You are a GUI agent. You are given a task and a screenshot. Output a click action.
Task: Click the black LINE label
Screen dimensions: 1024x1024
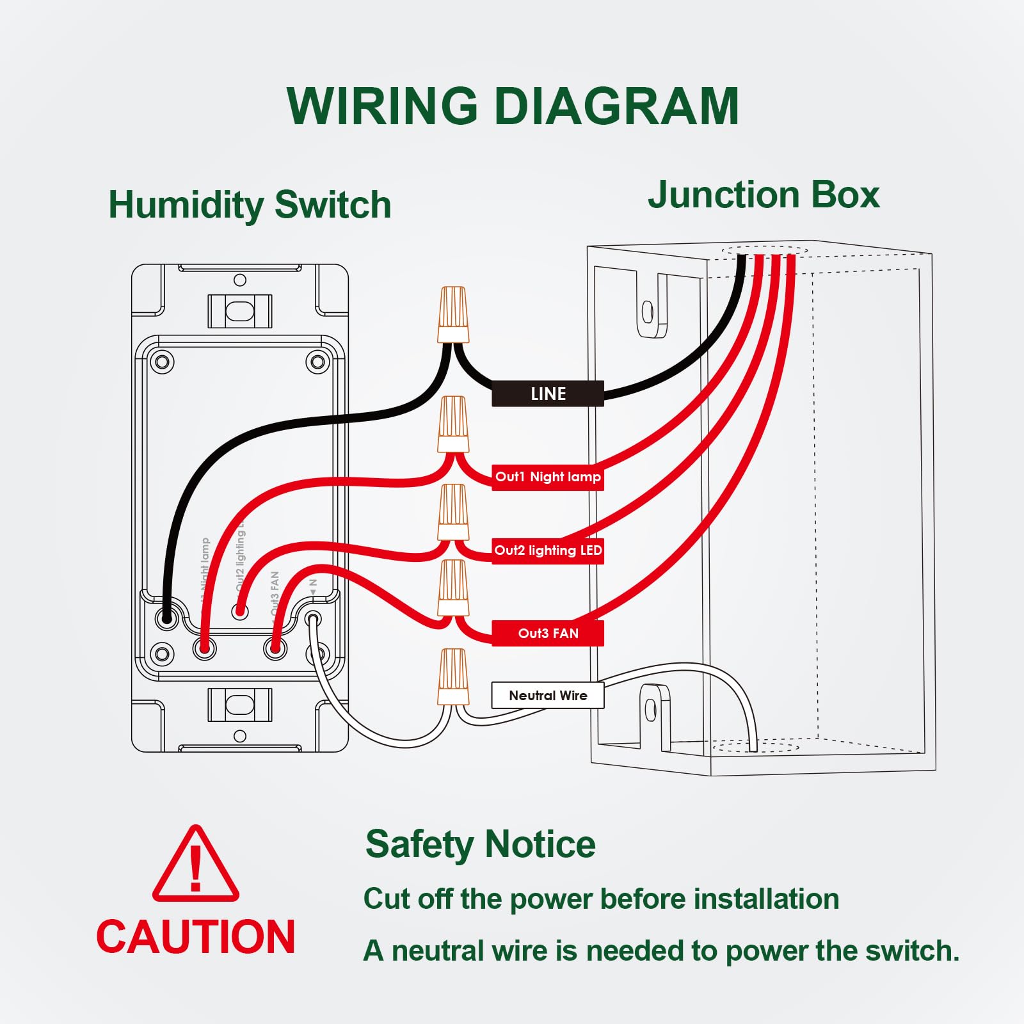point(548,394)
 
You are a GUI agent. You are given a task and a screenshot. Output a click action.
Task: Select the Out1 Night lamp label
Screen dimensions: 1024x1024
point(548,477)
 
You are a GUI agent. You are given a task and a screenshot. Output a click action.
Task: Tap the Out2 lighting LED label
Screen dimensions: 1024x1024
point(548,550)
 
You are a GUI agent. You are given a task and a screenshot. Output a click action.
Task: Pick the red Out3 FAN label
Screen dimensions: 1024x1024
point(548,633)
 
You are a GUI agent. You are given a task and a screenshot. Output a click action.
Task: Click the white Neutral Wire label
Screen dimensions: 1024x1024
point(548,696)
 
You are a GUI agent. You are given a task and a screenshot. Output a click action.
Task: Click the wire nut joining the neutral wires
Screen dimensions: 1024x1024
point(453,677)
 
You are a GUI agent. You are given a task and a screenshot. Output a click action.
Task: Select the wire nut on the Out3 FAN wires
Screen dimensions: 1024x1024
point(453,588)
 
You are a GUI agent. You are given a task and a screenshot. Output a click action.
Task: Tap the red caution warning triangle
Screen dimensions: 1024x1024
point(196,866)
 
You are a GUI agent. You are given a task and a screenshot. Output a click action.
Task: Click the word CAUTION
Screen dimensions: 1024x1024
point(196,937)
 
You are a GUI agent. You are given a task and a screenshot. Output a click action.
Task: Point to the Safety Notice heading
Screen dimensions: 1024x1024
point(480,844)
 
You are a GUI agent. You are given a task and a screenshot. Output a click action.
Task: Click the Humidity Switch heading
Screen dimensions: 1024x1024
point(250,205)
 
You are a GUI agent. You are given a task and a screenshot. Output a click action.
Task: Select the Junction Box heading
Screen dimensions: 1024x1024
point(764,195)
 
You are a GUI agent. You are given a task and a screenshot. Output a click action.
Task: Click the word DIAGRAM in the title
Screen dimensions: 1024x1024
point(617,106)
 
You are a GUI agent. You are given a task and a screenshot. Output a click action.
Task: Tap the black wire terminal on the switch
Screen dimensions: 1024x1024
point(167,618)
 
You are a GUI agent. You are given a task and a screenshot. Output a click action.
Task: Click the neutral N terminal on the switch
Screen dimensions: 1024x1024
point(314,619)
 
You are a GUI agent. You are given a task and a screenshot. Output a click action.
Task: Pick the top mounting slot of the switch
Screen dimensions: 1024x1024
point(240,311)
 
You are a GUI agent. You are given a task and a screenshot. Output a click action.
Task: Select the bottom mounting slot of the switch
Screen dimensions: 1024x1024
point(240,705)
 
